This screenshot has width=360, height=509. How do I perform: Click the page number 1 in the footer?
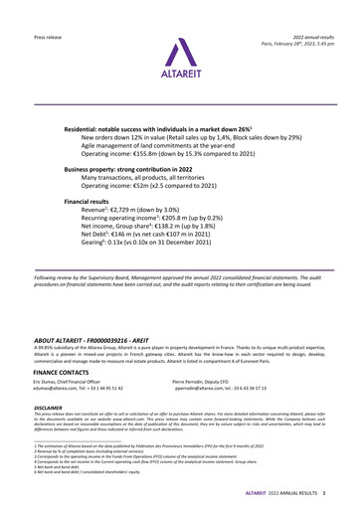click(326, 494)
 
